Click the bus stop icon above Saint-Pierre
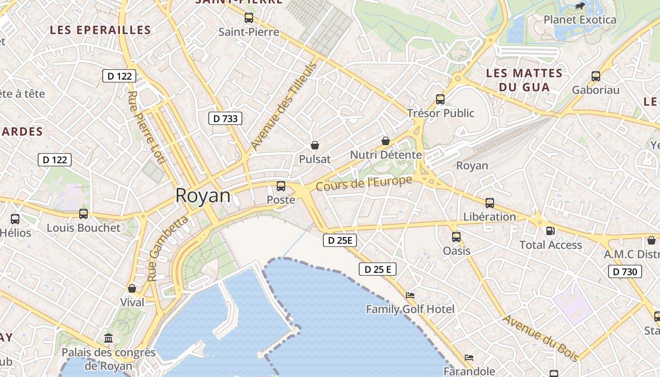pos(248,18)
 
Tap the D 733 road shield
pos(225,118)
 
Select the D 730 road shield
pos(625,271)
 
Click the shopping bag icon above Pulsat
pos(314,145)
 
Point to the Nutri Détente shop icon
pos(385,141)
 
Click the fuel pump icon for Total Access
pos(550,231)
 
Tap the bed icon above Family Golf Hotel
pos(410,295)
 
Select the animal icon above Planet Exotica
pos(579,6)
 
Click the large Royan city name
pos(203,196)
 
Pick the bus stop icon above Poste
pos(281,186)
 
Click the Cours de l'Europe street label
pos(364,183)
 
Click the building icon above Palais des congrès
pos(108,338)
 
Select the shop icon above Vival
pos(132,288)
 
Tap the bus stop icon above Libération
pos(490,203)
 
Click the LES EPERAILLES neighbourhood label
pos(100,30)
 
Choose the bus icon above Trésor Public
pos(440,99)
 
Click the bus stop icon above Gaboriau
pos(596,76)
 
